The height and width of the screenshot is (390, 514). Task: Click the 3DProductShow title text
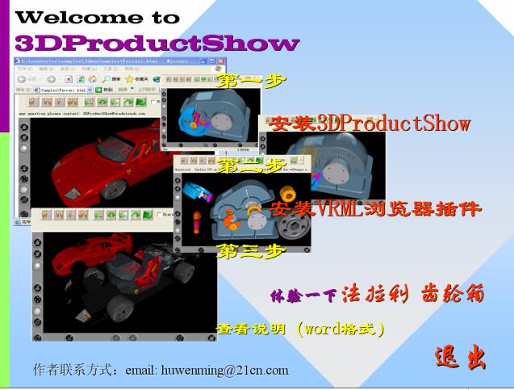157,43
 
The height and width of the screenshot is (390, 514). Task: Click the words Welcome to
98,16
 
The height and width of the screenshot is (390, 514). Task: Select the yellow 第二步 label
252,166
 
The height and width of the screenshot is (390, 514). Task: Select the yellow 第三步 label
252,251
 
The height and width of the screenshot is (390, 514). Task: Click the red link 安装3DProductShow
370,124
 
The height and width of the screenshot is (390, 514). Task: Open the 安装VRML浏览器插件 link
375,209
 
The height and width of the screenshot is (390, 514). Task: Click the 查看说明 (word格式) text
300,329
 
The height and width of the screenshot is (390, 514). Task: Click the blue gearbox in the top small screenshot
210,113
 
